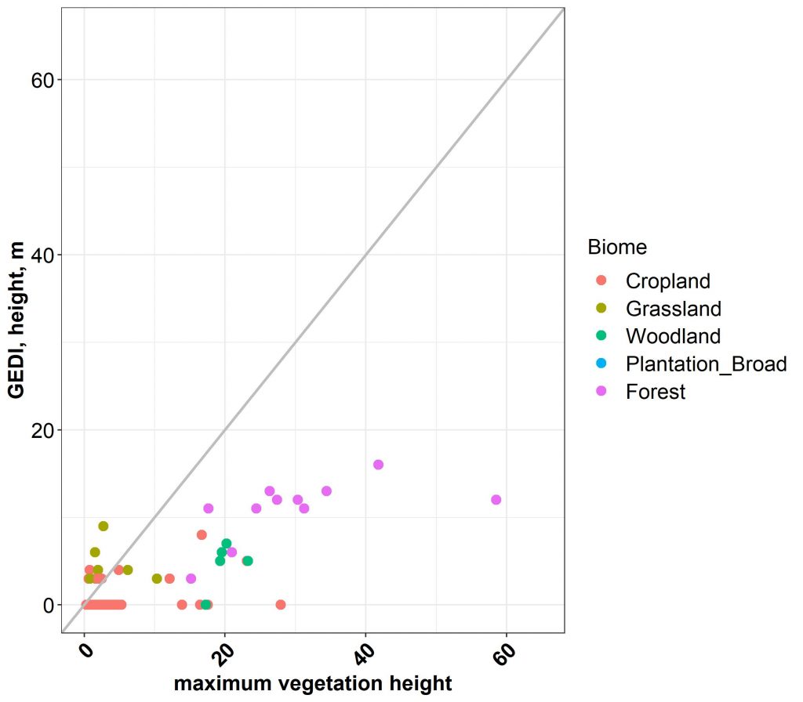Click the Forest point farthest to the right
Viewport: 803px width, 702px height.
496,500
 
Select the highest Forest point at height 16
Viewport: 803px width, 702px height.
378,465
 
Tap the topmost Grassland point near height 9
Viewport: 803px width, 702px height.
103,526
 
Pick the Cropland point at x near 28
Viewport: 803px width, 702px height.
281,605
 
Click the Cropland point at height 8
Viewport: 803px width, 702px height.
202,535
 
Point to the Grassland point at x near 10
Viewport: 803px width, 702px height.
157,579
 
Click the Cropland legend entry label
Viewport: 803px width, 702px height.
667,280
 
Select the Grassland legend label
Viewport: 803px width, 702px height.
673,308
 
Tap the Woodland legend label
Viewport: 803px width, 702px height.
673,336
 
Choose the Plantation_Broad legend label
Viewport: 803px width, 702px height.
706,364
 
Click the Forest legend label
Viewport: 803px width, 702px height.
656,392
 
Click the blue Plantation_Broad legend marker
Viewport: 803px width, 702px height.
601,364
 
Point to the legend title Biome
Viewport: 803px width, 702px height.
617,248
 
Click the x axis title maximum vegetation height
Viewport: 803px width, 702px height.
313,683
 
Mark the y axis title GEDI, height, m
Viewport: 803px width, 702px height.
17,320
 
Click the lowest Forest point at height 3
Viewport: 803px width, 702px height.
191,579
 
